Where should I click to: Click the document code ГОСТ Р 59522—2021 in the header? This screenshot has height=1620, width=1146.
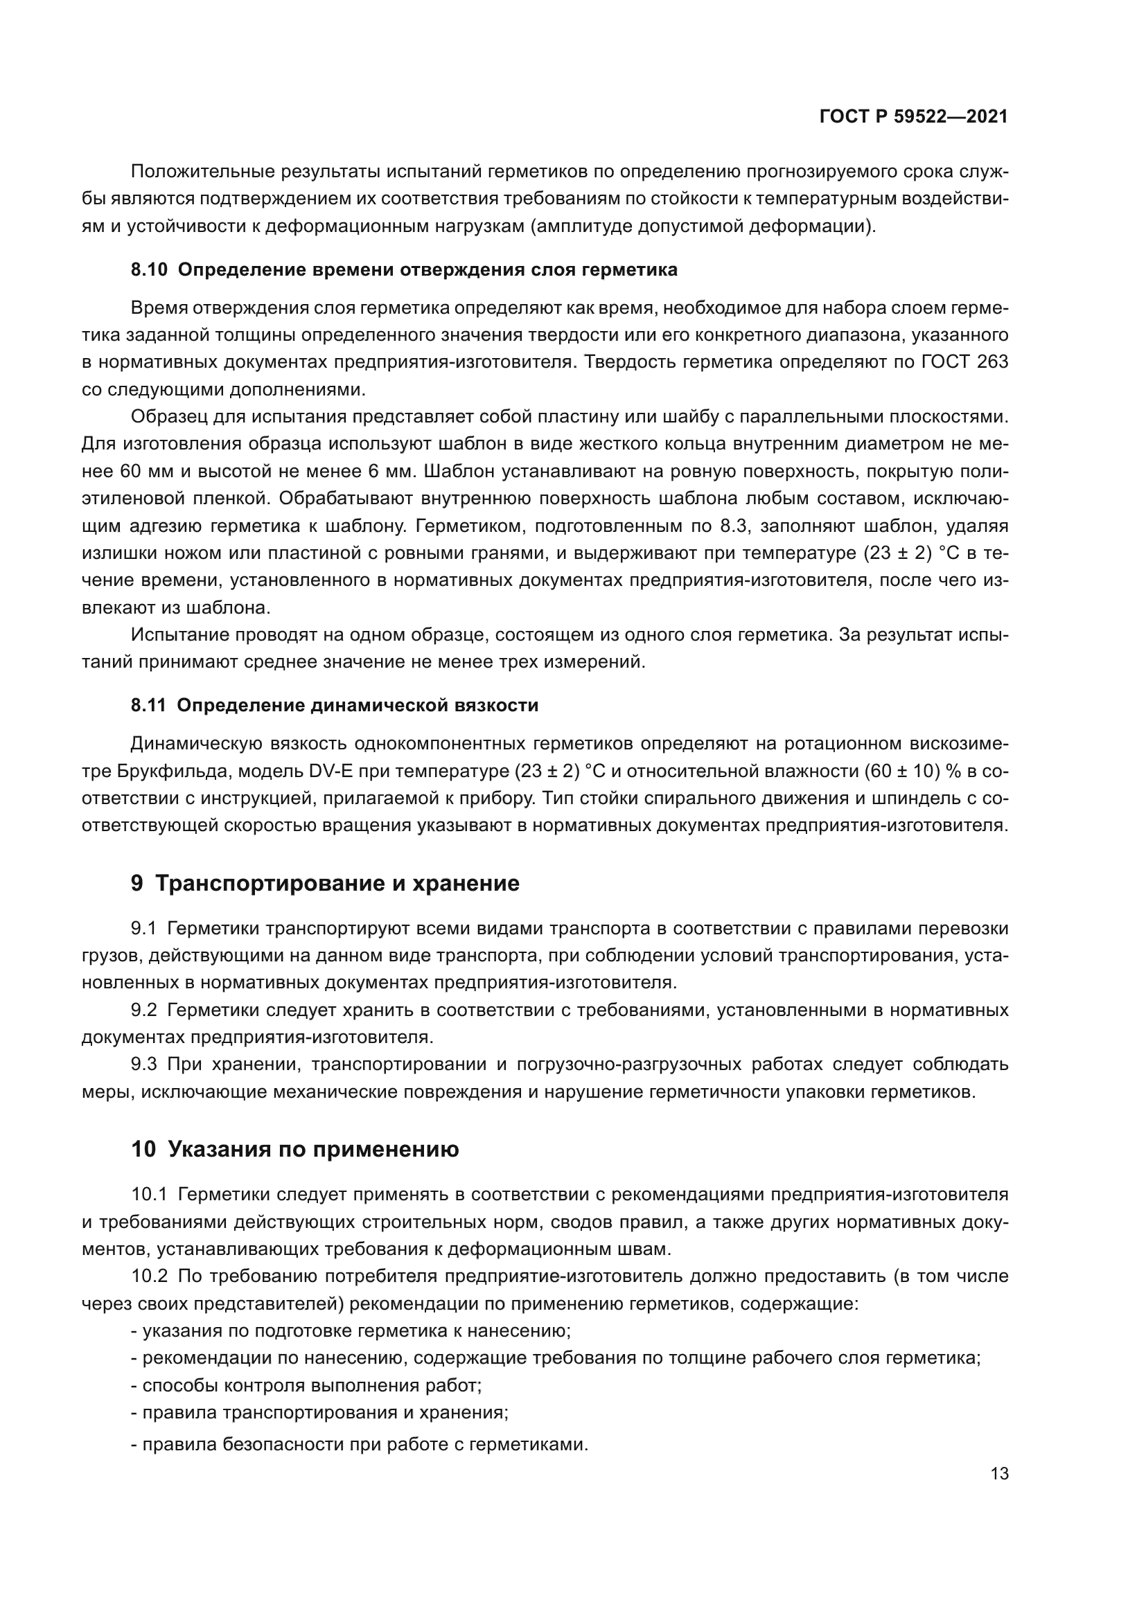coord(913,117)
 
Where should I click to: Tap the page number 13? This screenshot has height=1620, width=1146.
coord(999,1474)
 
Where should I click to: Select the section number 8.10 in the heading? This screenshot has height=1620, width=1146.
coord(149,269)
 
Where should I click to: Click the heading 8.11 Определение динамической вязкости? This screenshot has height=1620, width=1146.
coord(335,706)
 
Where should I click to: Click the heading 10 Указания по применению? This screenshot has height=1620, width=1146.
coord(295,1150)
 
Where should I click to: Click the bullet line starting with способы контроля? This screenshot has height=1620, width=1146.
coord(306,1386)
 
